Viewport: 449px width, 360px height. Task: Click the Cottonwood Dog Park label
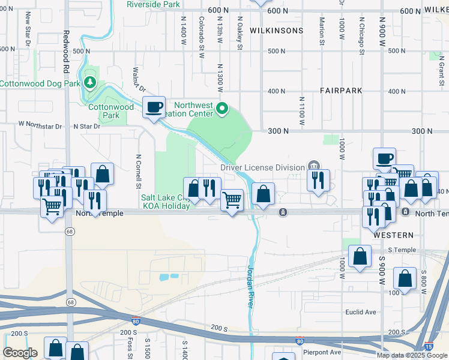pos(40,83)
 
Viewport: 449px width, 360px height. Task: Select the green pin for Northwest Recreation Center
pos(222,109)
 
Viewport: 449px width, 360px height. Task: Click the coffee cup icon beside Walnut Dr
pos(154,108)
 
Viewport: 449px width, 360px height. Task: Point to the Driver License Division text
pos(263,167)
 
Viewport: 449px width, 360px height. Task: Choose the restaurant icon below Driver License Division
pos(318,180)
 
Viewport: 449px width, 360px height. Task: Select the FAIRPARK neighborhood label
pos(340,91)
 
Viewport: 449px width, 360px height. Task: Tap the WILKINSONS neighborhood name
pos(268,30)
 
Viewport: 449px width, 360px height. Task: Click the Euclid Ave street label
pos(360,312)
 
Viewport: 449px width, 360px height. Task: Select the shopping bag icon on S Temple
pos(359,256)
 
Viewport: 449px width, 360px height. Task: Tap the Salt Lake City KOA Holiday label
pos(165,202)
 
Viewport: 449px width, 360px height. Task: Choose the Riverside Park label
pos(153,4)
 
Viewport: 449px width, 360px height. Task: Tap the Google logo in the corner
pos(20,353)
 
